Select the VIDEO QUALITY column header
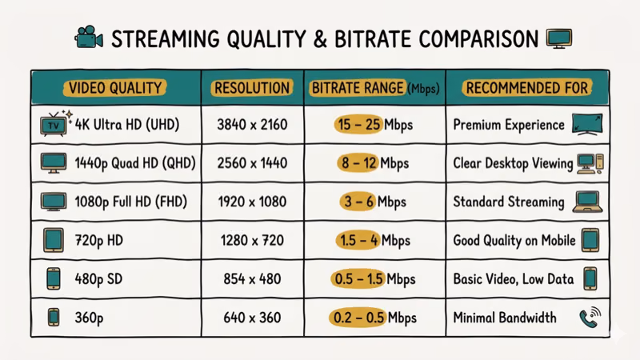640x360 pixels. click(115, 88)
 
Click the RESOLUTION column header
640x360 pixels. click(251, 88)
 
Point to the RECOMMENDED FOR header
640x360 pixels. click(526, 88)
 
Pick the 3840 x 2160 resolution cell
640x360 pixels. click(251, 126)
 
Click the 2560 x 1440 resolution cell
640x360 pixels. click(251, 163)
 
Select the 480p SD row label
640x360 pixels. click(100, 279)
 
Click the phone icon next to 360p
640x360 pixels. click(53, 318)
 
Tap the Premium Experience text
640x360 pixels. click(509, 126)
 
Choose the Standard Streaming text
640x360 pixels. click(509, 202)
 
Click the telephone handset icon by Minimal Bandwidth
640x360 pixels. click(588, 318)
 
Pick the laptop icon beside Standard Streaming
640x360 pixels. click(587, 202)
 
